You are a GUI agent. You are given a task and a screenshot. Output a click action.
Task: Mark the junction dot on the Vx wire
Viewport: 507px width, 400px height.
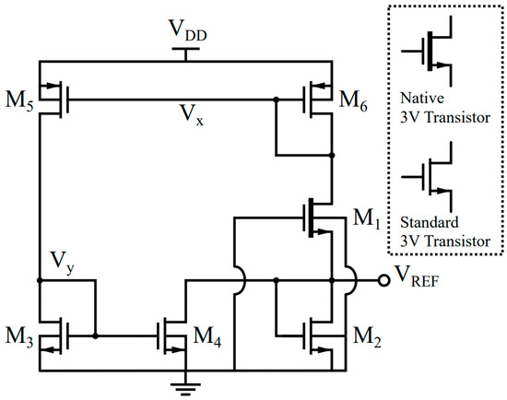coord(276,99)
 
